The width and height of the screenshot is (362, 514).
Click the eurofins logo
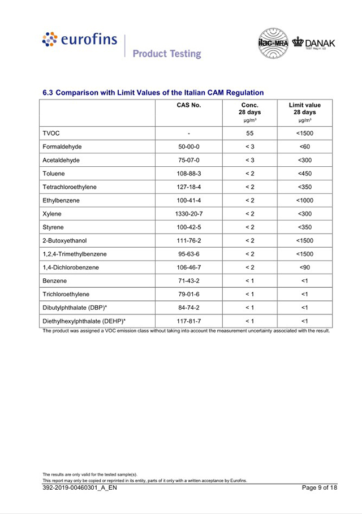tap(80, 40)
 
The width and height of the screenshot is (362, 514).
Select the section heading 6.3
tap(153, 92)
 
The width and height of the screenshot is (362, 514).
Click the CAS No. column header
tap(189, 105)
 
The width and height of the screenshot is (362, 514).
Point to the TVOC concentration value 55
tap(249, 133)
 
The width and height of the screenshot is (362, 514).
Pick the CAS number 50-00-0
tap(189, 147)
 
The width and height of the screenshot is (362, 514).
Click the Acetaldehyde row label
tap(61, 161)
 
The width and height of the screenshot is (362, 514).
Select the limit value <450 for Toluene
tap(304, 174)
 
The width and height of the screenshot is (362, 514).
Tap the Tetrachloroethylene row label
tap(70, 187)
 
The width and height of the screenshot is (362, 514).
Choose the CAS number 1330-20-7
tap(189, 214)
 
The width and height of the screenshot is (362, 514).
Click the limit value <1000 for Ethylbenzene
tap(304, 200)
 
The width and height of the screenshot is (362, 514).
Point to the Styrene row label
tap(54, 227)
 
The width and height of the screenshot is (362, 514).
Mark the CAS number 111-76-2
tap(189, 241)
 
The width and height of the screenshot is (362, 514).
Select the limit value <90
tap(304, 267)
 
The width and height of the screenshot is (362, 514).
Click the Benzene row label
tap(55, 281)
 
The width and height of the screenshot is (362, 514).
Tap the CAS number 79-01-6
tap(189, 295)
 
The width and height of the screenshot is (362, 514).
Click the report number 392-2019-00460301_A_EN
tap(80, 488)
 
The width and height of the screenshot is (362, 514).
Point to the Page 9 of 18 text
tap(320, 488)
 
